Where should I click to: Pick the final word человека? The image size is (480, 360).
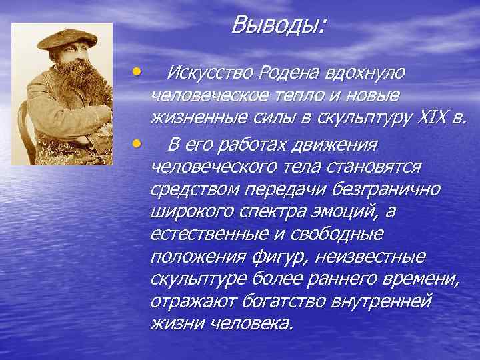(251, 325)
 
